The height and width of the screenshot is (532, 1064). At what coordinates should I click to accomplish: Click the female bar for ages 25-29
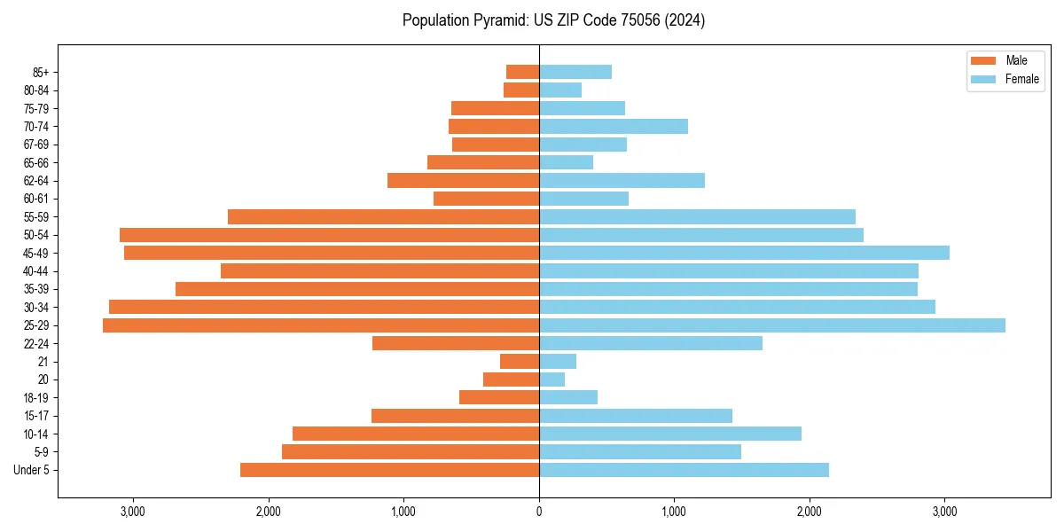(771, 325)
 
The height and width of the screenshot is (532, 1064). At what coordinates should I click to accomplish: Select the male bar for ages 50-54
(329, 235)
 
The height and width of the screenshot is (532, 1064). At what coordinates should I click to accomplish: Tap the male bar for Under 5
(389, 470)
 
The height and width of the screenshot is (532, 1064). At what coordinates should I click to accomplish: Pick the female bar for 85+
(575, 72)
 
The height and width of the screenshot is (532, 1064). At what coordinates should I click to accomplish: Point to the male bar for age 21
(520, 362)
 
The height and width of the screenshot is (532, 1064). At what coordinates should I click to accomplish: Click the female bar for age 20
(552, 379)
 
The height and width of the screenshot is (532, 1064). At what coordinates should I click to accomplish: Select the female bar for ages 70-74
(614, 127)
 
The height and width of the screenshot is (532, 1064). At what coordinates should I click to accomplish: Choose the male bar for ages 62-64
(463, 181)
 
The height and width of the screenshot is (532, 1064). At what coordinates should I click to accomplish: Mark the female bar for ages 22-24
(651, 343)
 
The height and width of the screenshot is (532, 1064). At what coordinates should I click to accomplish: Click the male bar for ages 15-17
(455, 416)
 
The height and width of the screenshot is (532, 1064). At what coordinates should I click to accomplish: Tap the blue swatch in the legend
(984, 79)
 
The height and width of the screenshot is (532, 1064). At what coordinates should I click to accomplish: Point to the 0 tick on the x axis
(539, 512)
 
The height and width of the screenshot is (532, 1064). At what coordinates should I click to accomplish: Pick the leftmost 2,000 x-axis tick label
(268, 512)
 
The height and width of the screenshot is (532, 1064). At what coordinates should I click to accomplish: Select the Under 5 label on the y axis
(31, 470)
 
